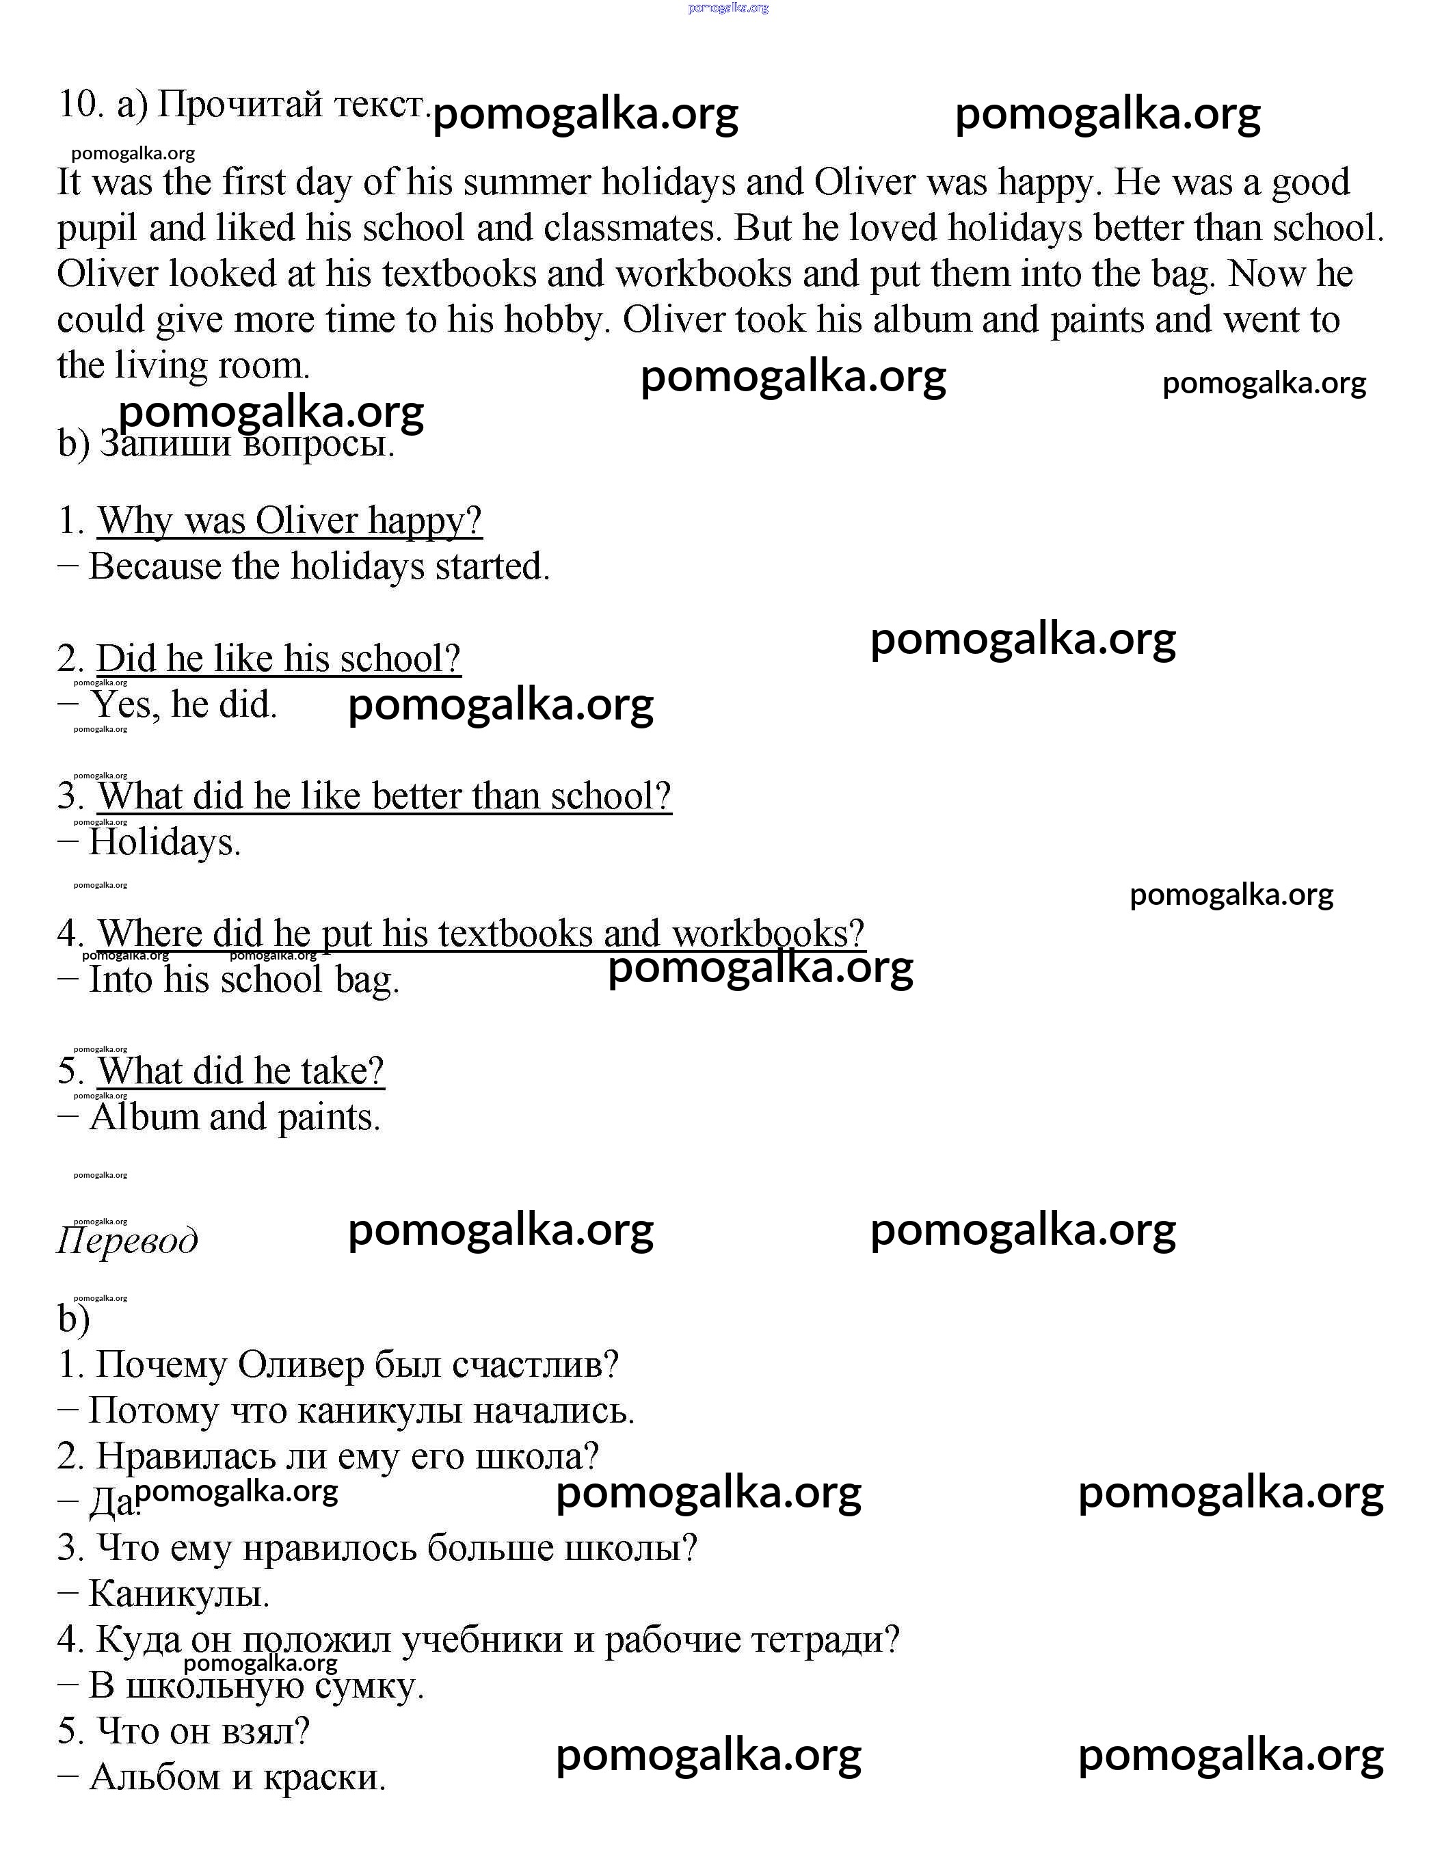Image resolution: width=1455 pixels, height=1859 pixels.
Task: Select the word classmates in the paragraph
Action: click(634, 228)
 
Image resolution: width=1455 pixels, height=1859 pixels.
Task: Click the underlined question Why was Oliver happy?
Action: click(290, 520)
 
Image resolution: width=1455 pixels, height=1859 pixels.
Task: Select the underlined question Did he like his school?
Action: click(278, 659)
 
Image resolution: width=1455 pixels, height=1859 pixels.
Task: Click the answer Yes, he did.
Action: click(183, 704)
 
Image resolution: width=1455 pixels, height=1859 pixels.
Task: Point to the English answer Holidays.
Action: click(164, 843)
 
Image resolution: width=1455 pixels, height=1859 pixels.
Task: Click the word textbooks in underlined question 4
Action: click(516, 934)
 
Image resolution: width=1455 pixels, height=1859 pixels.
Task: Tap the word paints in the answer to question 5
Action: click(328, 1118)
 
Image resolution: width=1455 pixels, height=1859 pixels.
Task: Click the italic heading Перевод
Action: click(127, 1241)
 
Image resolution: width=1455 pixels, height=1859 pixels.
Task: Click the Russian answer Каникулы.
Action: click(179, 1594)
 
